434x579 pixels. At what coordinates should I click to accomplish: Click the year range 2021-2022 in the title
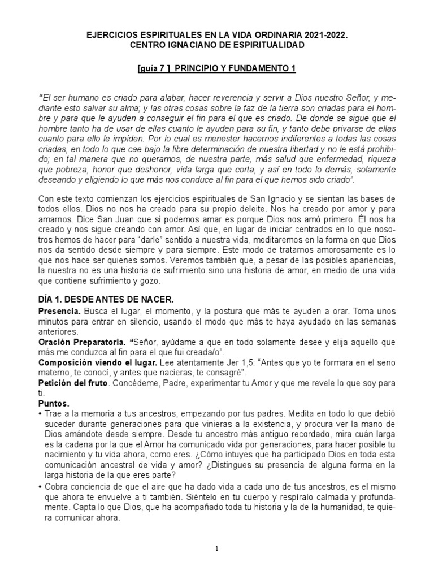(324, 35)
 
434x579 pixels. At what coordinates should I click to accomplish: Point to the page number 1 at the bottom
(217, 548)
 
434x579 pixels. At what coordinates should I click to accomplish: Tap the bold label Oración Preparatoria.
(81, 342)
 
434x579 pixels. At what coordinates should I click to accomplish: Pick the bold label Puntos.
(54, 404)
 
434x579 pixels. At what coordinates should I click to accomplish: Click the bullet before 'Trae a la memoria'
(40, 414)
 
